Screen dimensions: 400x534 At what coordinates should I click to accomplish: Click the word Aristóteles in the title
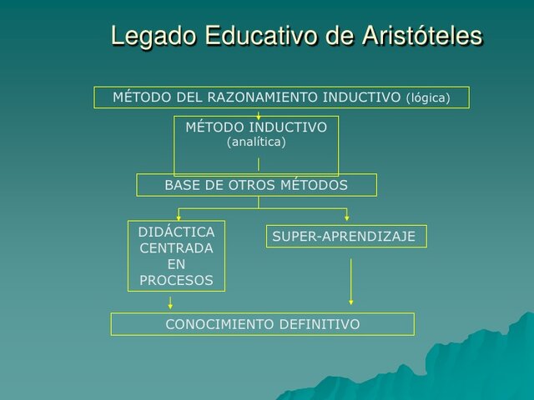coord(422,37)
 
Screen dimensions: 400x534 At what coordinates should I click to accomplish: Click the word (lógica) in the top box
coord(428,98)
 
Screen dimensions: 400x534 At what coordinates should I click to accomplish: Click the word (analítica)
coord(256,142)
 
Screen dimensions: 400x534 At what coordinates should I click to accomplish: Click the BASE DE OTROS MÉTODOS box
coord(256,185)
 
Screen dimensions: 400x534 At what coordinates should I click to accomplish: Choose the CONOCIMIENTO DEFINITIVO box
coord(262,324)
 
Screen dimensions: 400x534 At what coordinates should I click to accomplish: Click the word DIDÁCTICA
coord(176,232)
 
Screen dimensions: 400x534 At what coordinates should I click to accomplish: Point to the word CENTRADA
coord(176,248)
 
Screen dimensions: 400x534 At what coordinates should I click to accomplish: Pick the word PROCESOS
coord(176,281)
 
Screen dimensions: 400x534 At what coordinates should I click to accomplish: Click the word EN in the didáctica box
coord(176,264)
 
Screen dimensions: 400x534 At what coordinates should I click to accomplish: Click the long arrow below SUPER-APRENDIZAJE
coord(351,281)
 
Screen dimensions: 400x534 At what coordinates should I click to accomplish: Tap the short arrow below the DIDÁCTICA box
coord(171,302)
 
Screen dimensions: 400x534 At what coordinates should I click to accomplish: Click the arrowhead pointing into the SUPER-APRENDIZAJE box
coord(347,219)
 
